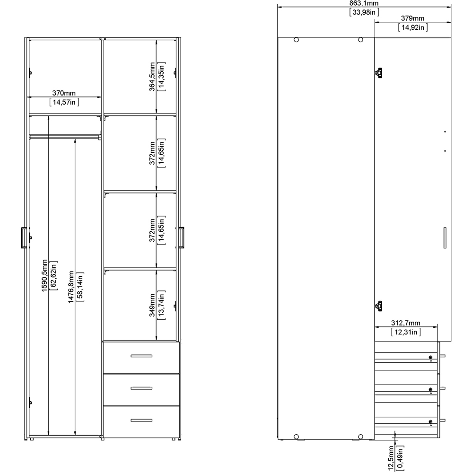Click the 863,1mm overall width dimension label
[364, 3]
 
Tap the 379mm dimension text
[412, 18]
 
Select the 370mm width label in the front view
[64, 93]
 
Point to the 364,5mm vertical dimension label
[152, 77]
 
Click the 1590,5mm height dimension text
[44, 275]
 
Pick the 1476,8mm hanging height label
[71, 287]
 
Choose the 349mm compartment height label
[152, 305]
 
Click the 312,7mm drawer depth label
[405, 323]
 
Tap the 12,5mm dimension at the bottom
[391, 459]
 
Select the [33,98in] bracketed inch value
[364, 12]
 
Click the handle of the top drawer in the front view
[141, 356]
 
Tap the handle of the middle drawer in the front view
[141, 388]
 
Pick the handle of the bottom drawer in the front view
[141, 420]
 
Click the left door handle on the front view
[24, 238]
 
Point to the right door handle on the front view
[181, 238]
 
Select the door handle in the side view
[445, 238]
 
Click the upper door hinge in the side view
[378, 73]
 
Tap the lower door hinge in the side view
[378, 306]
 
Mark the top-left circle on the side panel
[296, 40]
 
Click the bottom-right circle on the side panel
[360, 437]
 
